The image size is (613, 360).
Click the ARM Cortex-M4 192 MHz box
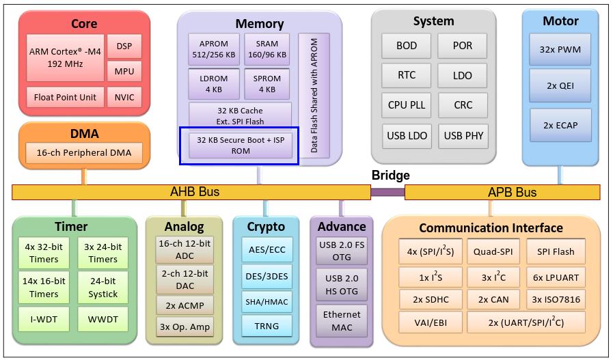[x=66, y=57]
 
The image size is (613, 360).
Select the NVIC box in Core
[x=124, y=97]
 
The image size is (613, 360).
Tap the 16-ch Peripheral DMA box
[x=84, y=153]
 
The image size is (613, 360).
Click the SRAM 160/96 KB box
[x=267, y=49]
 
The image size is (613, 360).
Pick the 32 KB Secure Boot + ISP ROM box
[x=240, y=145]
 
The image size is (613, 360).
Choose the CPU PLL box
[x=407, y=105]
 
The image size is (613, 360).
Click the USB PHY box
[x=463, y=135]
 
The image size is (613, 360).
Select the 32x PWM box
[x=560, y=49]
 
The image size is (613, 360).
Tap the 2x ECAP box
[x=560, y=125]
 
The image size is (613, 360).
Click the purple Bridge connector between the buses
[x=387, y=192]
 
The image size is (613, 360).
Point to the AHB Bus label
[x=194, y=192]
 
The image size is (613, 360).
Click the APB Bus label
[x=512, y=192]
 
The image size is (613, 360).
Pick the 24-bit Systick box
[x=103, y=287]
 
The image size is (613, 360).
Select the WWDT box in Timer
[x=103, y=319]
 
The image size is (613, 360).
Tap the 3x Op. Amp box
[x=184, y=327]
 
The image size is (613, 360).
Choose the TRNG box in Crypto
[x=266, y=326]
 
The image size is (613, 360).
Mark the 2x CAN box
[x=493, y=299]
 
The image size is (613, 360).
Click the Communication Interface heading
[x=491, y=227]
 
